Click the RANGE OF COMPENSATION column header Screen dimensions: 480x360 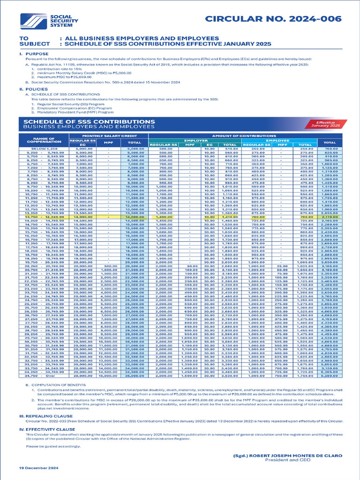point(41,140)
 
